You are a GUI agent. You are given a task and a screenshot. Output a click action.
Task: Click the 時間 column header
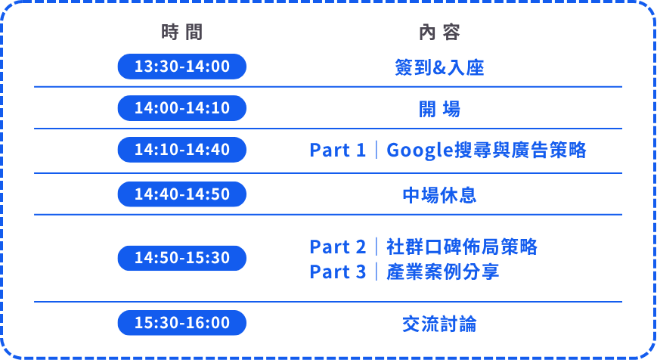click(182, 33)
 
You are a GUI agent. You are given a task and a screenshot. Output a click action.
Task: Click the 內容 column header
click(439, 33)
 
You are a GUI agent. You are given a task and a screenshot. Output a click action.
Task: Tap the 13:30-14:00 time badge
click(182, 67)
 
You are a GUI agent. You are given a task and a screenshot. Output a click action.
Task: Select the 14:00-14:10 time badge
click(182, 108)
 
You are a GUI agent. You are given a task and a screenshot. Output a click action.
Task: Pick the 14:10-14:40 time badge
click(182, 150)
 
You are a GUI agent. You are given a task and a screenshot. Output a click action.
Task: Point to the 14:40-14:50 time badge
click(182, 194)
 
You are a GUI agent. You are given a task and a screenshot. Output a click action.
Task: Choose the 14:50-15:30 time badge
click(182, 258)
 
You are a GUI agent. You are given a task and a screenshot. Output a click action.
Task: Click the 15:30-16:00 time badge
click(182, 323)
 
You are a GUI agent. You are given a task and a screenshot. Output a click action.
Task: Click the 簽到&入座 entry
click(439, 67)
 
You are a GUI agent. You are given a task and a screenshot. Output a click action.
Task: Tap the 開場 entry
click(439, 110)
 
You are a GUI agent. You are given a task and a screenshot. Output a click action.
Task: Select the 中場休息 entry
click(439, 195)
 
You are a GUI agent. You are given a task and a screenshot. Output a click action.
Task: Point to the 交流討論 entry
click(439, 324)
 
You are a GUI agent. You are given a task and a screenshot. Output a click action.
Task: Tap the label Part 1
click(338, 150)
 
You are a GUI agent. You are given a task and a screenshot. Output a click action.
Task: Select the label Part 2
click(338, 247)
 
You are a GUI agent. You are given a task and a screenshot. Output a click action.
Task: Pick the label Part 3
click(338, 272)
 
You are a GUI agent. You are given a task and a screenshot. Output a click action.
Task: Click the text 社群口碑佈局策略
click(462, 247)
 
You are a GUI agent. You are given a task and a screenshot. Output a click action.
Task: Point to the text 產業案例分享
click(442, 272)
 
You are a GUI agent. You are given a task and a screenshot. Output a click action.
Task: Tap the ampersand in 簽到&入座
click(439, 68)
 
